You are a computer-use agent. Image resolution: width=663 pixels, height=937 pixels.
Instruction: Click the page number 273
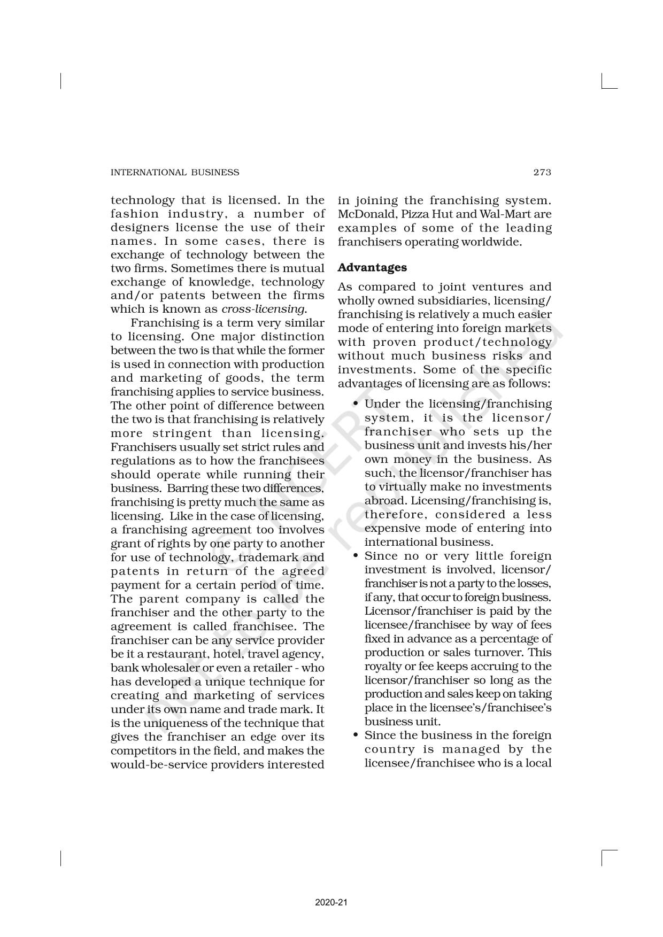click(542, 172)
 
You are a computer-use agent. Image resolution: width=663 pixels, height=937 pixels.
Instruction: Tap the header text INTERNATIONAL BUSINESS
click(175, 172)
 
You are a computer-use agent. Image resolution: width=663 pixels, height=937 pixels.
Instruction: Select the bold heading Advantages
click(372, 267)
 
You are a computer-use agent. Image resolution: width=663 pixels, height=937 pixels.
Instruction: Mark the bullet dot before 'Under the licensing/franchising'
click(356, 404)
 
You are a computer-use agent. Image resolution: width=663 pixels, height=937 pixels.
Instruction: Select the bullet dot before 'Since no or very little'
click(356, 556)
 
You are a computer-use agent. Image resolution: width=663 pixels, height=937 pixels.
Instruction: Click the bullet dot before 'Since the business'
click(356, 735)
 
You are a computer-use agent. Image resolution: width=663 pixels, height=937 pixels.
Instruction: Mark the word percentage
click(512, 639)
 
